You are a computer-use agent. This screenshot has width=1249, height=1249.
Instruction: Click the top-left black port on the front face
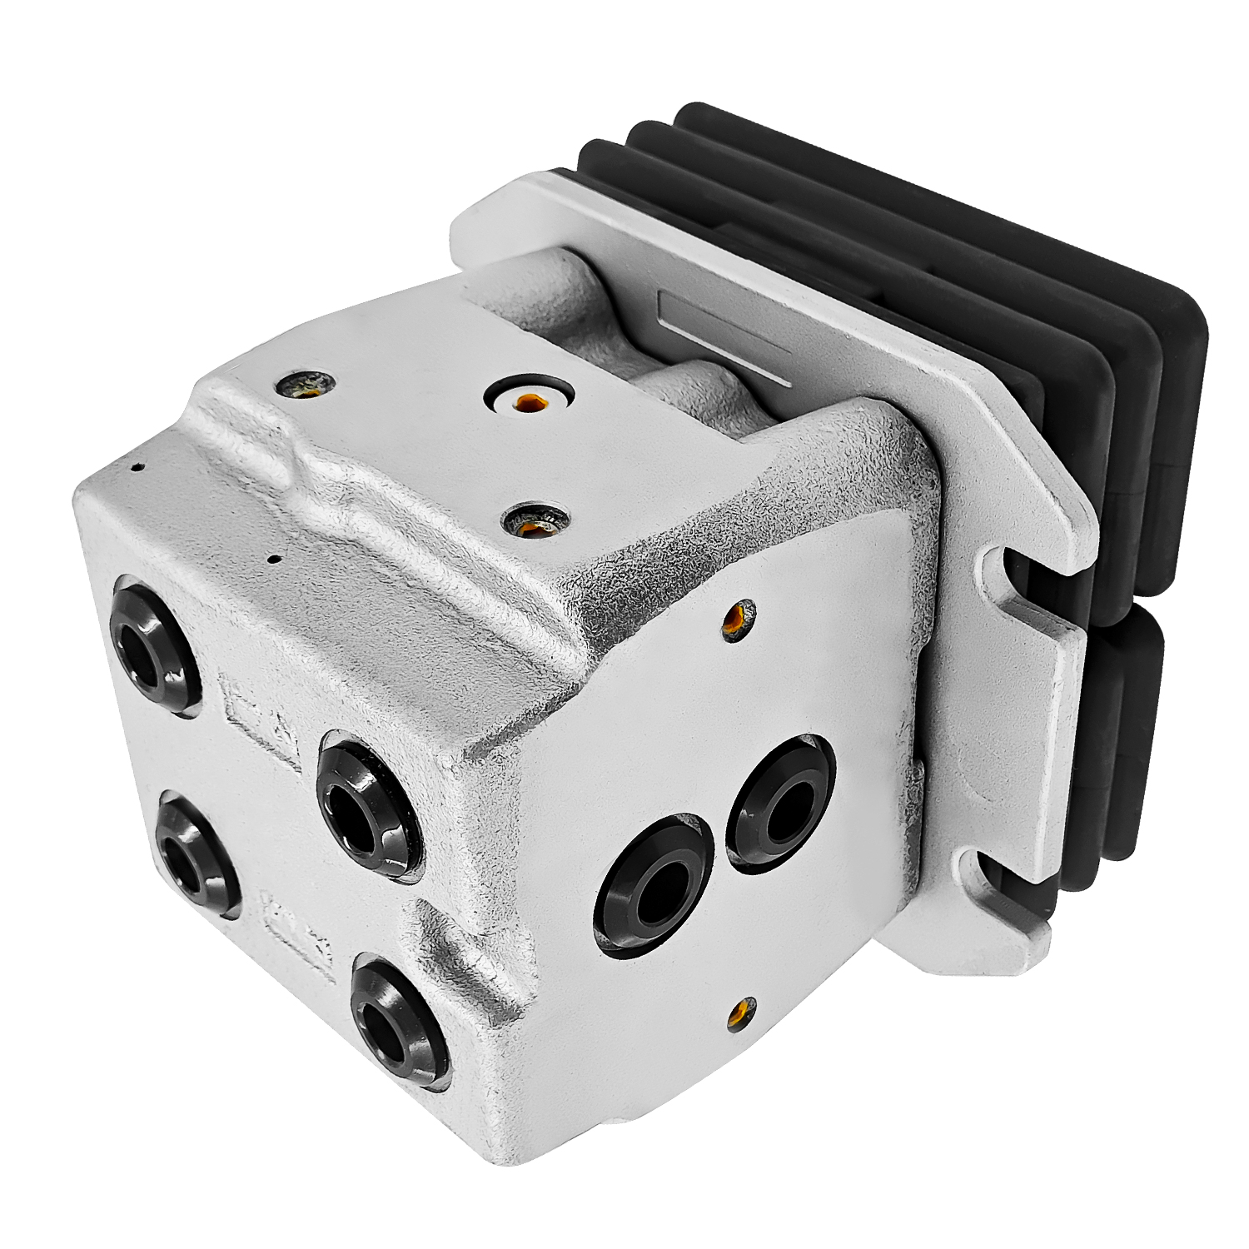coord(154,645)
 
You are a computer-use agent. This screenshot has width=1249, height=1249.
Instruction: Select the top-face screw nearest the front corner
coord(533,521)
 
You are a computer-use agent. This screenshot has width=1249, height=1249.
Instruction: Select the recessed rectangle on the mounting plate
coord(723,336)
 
